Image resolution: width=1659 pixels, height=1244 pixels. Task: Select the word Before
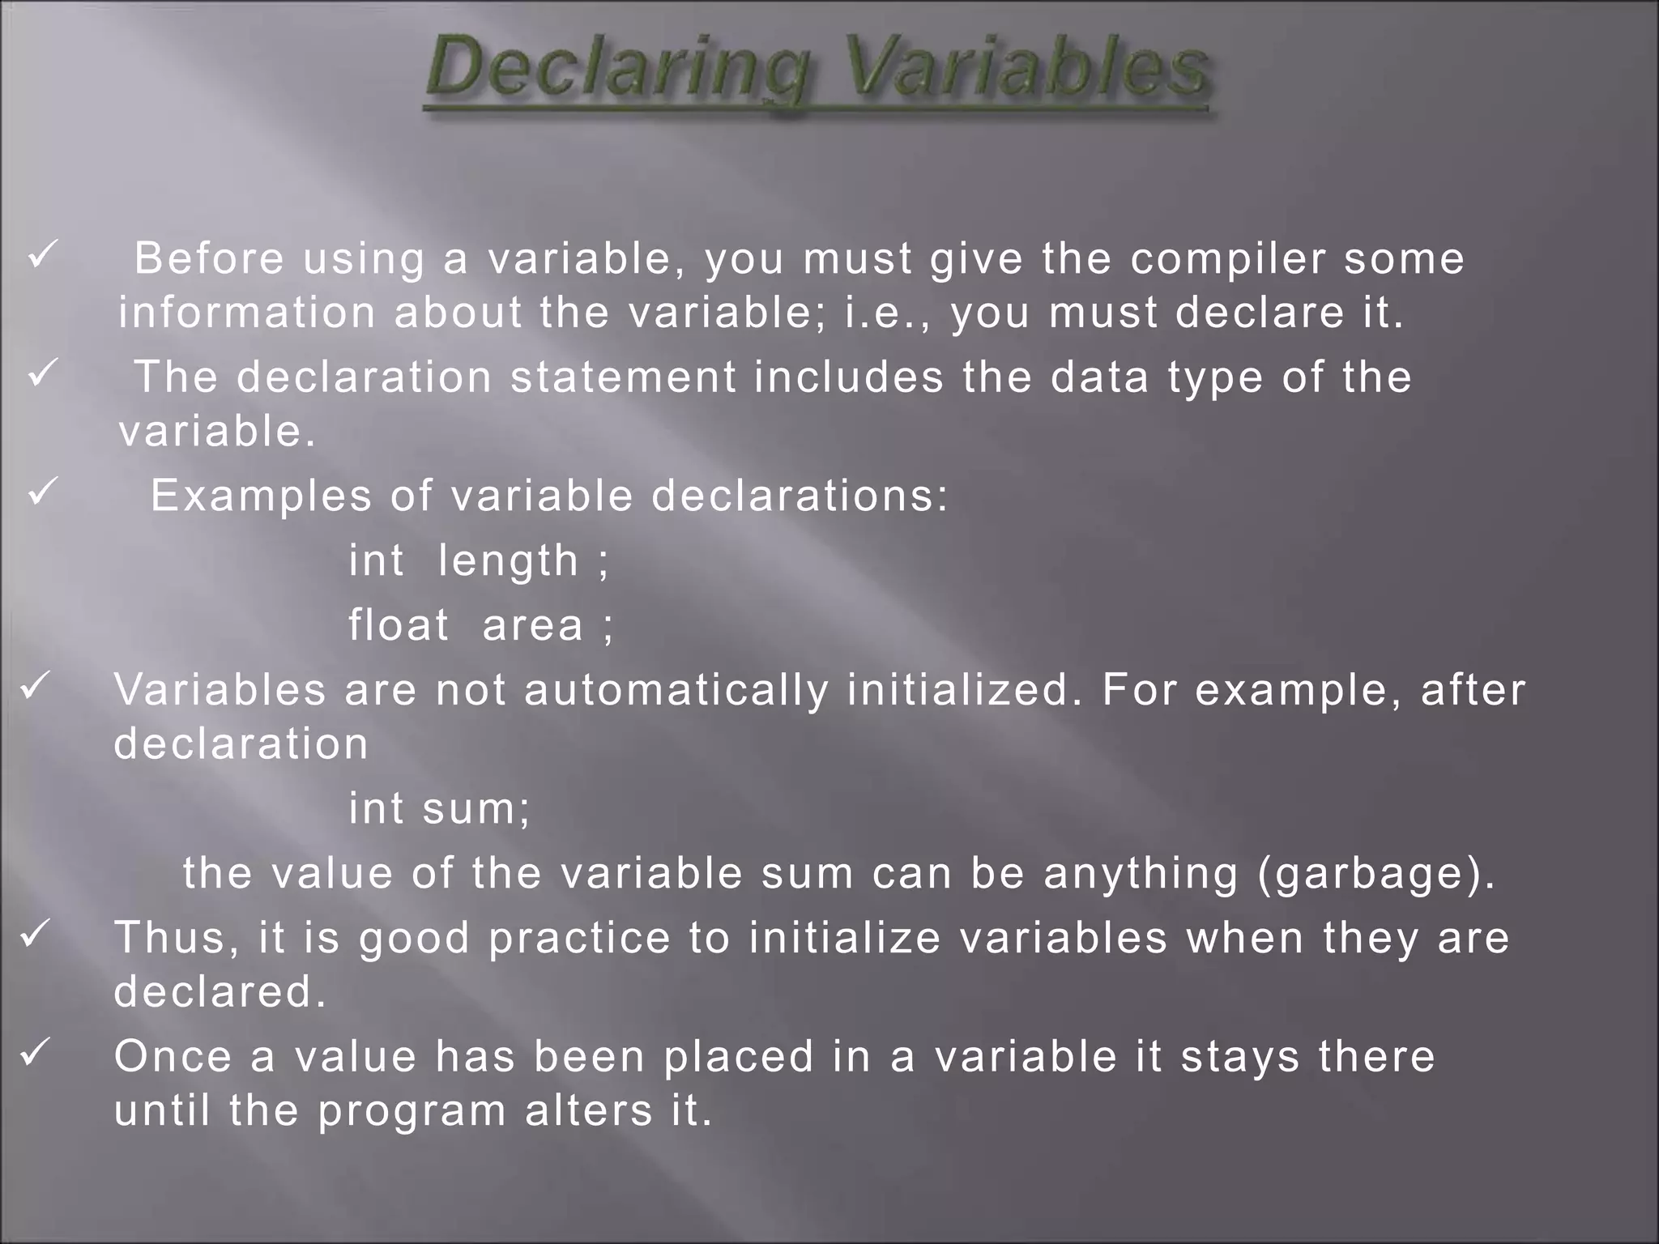click(x=209, y=259)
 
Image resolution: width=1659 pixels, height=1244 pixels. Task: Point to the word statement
click(x=623, y=377)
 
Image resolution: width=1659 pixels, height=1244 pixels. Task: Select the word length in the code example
click(x=508, y=561)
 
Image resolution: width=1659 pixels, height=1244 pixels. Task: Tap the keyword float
click(x=399, y=625)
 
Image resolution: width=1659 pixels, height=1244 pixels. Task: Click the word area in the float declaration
click(x=533, y=626)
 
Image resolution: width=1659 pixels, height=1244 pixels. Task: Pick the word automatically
click(x=676, y=690)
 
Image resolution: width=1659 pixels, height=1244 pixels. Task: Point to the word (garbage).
click(x=1376, y=874)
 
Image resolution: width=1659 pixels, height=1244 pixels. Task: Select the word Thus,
click(x=177, y=938)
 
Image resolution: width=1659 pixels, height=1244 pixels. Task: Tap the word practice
click(x=580, y=939)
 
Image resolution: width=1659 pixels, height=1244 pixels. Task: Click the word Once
click(x=173, y=1057)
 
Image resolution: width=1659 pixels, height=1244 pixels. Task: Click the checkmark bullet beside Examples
click(x=41, y=492)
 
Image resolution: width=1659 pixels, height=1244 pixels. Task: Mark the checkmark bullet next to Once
click(x=36, y=1053)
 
